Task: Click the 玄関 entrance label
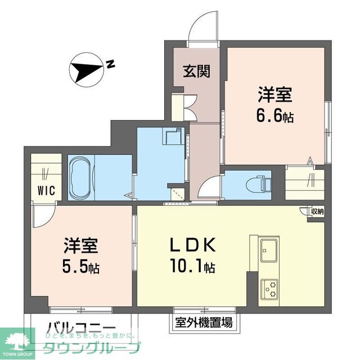[196, 71]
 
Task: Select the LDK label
[190, 246]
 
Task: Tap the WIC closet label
[46, 190]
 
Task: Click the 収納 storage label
[316, 211]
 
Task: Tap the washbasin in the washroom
[173, 137]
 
